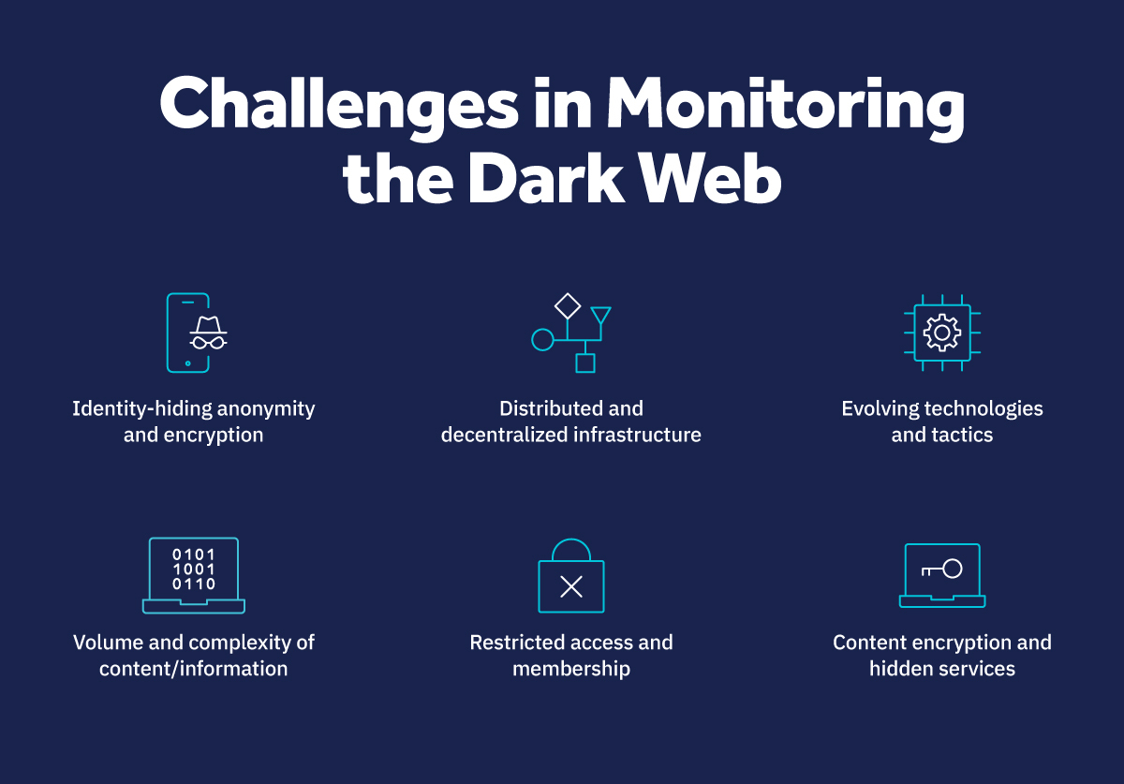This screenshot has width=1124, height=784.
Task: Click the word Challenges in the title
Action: click(338, 105)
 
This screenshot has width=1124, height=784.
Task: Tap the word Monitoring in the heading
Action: click(785, 105)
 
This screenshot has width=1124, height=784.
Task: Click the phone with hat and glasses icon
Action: click(193, 333)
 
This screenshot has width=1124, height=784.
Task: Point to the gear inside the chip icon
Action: click(941, 333)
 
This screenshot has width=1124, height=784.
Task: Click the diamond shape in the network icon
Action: click(568, 306)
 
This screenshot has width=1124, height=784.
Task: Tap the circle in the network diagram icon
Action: click(542, 339)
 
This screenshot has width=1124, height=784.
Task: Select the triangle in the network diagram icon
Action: click(600, 316)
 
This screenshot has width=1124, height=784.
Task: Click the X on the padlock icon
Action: click(571, 587)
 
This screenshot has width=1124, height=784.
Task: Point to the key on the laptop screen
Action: click(942, 569)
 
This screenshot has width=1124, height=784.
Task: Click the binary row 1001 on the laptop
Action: click(194, 569)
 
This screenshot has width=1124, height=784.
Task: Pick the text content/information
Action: click(194, 669)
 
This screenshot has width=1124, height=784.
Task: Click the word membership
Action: click(571, 669)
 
